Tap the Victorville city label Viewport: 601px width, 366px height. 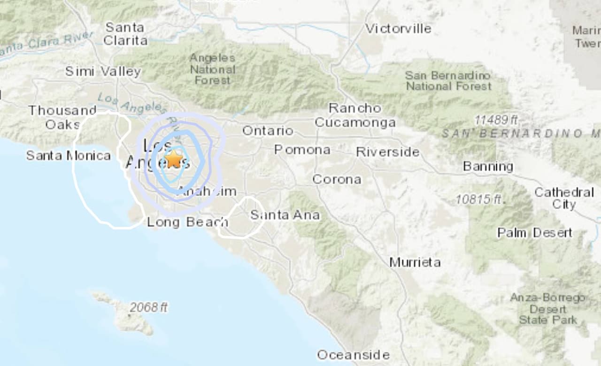[398, 29]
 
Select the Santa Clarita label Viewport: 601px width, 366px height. [125, 34]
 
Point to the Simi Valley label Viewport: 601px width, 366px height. [103, 72]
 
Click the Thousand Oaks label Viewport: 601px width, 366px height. [62, 117]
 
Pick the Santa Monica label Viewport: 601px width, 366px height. [69, 155]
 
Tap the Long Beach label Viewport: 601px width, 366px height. [187, 222]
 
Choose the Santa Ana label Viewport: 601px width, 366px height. [285, 215]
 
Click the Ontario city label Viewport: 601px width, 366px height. [268, 131]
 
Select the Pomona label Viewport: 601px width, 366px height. [302, 150]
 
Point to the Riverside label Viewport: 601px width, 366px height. [387, 152]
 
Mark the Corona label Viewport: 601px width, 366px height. [337, 179]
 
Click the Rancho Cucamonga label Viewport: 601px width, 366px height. [355, 115]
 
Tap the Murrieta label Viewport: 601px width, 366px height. [415, 262]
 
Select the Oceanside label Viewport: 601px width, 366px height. [353, 355]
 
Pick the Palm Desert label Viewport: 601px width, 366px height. [535, 233]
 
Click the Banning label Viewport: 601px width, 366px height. [488, 167]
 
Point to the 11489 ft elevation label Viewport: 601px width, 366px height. [496, 120]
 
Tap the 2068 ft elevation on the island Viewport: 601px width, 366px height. [148, 308]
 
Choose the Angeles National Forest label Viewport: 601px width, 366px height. [212, 69]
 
